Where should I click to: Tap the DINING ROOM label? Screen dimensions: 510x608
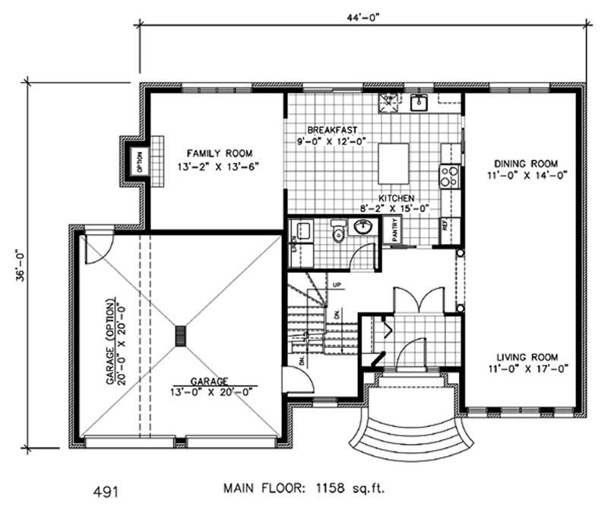pos(526,163)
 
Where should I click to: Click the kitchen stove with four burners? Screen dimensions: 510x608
pos(448,176)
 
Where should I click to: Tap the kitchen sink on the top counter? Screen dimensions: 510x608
pos(419,103)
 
